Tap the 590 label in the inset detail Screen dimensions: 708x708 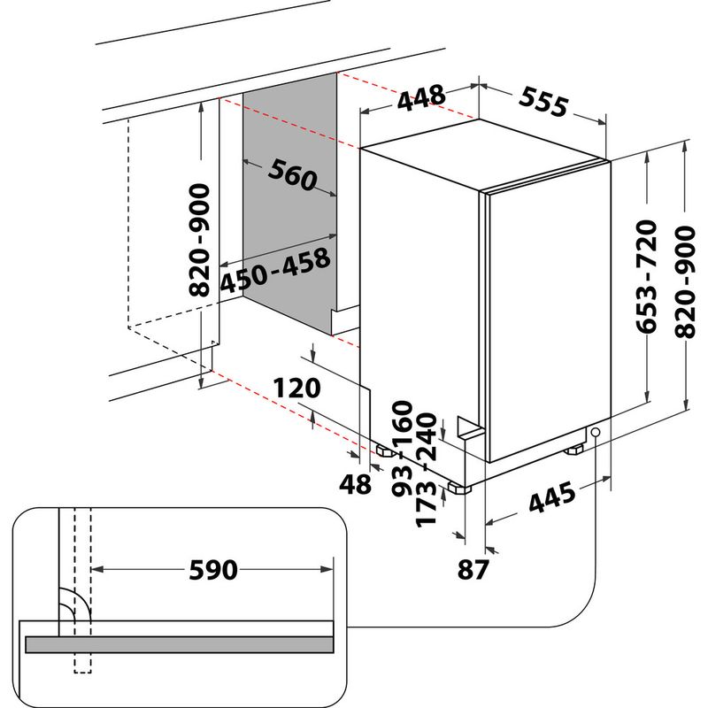click(x=213, y=571)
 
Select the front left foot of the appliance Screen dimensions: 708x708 click(x=458, y=486)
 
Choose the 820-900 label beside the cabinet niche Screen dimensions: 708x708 click(x=202, y=239)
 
